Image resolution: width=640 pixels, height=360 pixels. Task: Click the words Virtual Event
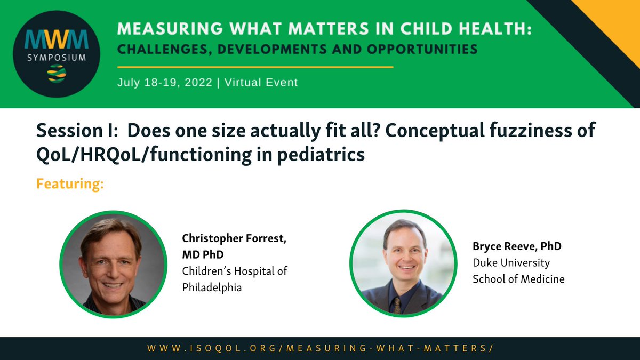coord(261,83)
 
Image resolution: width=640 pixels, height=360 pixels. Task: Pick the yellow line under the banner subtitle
coord(255,67)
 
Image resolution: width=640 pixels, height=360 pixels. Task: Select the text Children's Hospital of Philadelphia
coord(234,279)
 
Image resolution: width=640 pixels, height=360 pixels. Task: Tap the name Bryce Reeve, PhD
coord(517,246)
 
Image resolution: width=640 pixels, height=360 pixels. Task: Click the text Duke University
coord(510,262)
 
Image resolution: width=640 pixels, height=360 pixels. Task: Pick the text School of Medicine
coord(518,278)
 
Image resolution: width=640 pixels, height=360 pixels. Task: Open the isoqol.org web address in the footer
coord(319,348)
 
